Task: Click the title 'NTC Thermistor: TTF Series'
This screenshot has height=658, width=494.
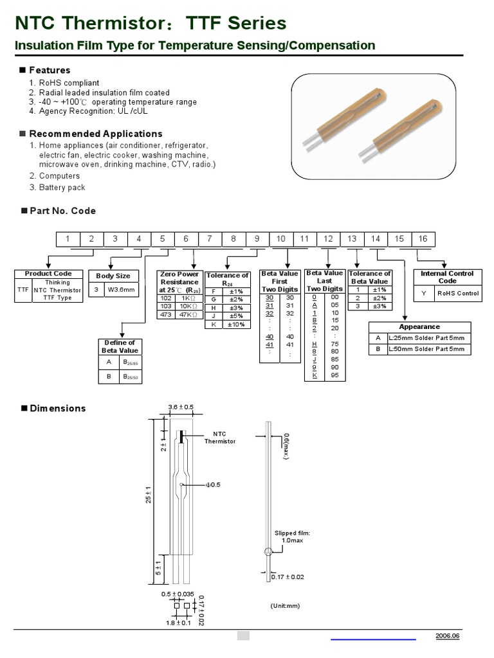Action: click(x=151, y=23)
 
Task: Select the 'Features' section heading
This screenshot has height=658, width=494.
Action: click(x=50, y=70)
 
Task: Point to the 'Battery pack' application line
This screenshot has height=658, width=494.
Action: click(x=62, y=188)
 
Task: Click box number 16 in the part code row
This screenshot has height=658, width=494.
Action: click(x=423, y=238)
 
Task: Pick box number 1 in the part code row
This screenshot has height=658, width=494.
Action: click(x=68, y=238)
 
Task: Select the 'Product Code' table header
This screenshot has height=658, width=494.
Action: click(x=48, y=274)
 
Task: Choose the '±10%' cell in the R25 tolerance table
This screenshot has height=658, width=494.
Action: click(x=236, y=325)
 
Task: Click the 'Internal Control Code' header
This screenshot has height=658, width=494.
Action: click(x=447, y=277)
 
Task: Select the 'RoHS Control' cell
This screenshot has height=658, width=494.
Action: click(x=457, y=294)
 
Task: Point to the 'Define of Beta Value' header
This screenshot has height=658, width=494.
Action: click(x=120, y=346)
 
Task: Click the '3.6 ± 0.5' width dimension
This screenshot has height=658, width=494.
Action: click(x=181, y=407)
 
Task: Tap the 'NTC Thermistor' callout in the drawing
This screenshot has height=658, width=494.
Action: click(x=220, y=437)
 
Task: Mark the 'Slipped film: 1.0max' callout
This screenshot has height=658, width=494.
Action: click(x=292, y=537)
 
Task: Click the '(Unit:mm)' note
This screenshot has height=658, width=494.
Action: click(x=285, y=605)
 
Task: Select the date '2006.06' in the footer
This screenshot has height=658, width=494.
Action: click(x=448, y=636)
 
